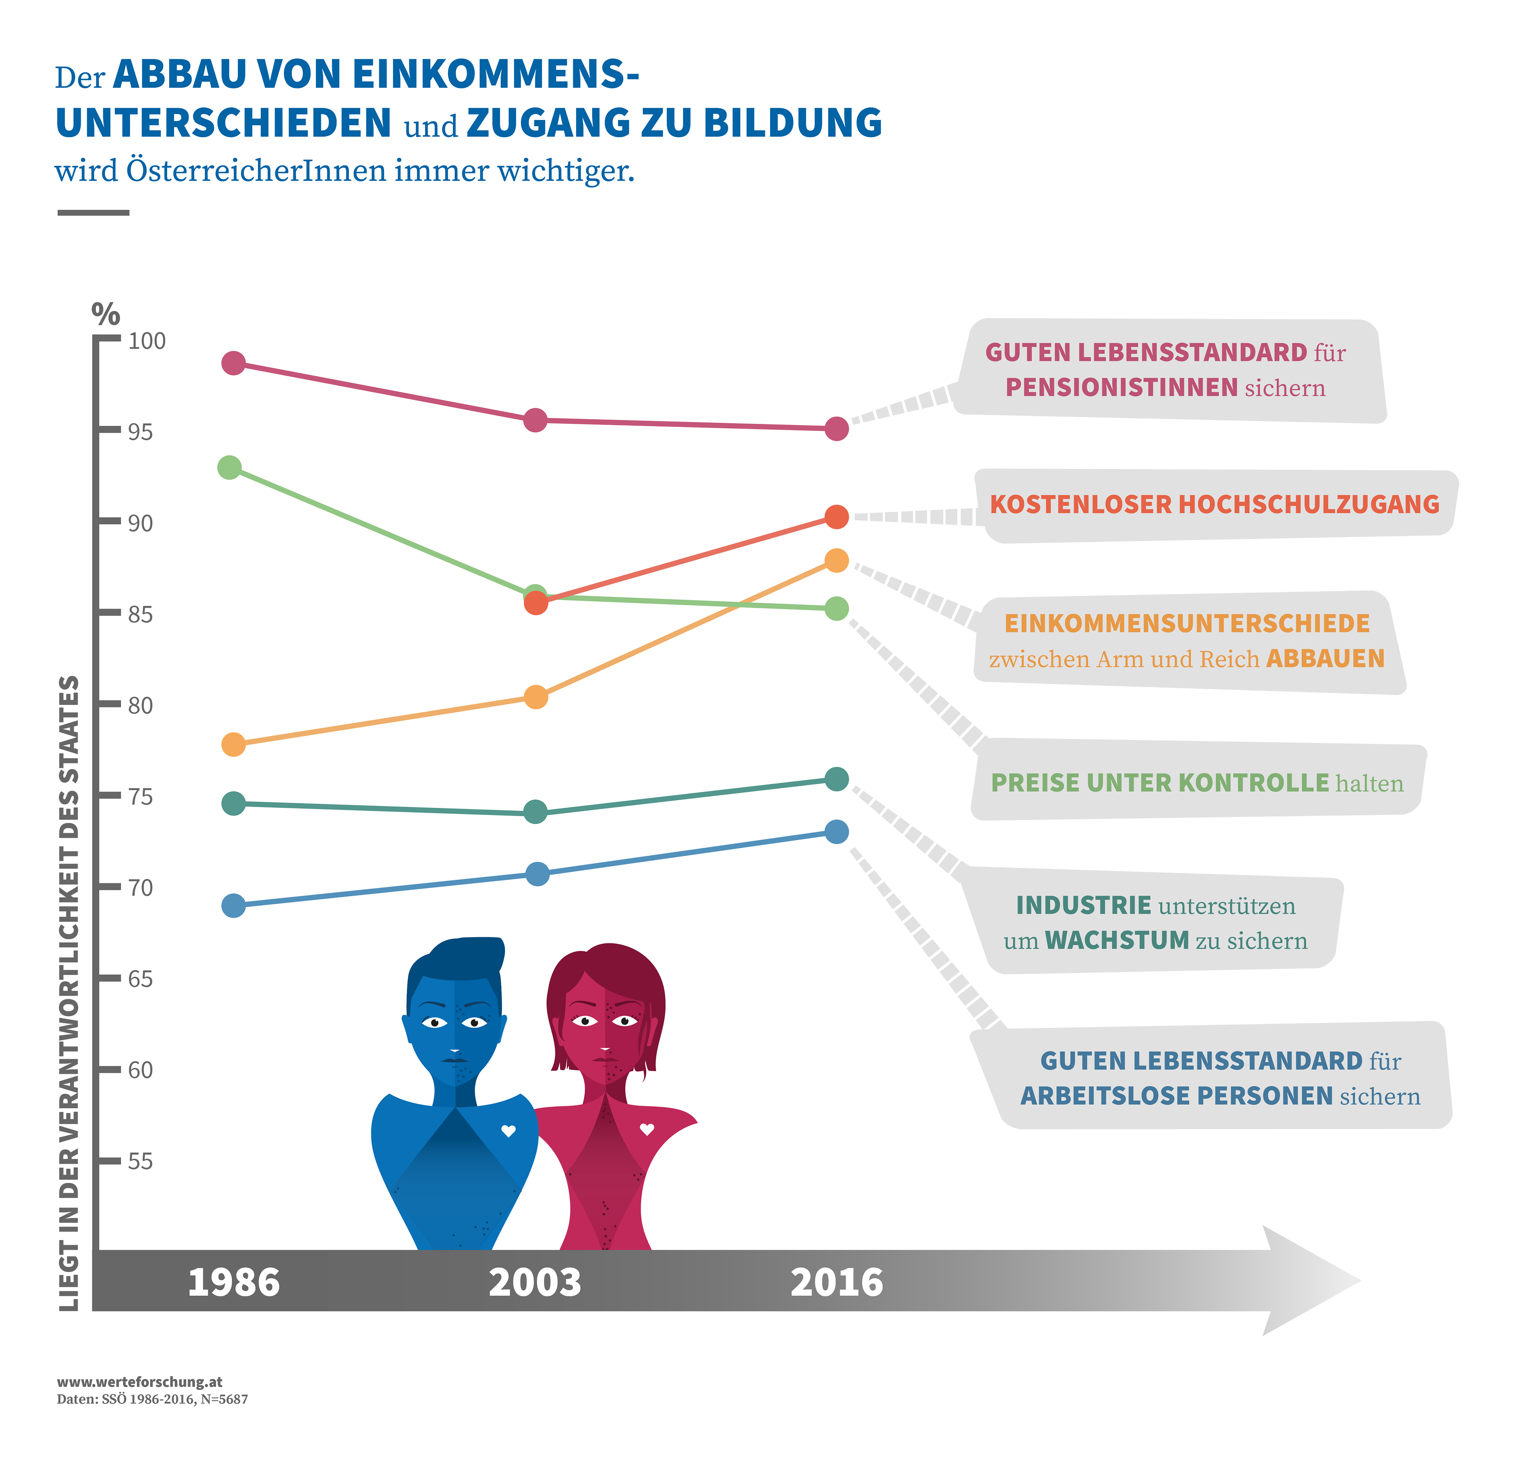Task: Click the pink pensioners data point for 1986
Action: pyautogui.click(x=233, y=363)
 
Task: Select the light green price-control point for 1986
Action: pyautogui.click(x=229, y=467)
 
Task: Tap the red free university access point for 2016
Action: pyautogui.click(x=837, y=517)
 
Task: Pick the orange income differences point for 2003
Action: pyautogui.click(x=535, y=697)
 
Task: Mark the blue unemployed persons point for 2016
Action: pyautogui.click(x=837, y=832)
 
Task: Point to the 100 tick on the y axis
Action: pyautogui.click(x=147, y=341)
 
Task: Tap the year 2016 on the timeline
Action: pyautogui.click(x=837, y=1283)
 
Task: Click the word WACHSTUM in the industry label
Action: pyautogui.click(x=1117, y=940)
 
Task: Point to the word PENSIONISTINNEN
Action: pyautogui.click(x=1122, y=387)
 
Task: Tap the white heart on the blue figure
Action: pyautogui.click(x=508, y=1131)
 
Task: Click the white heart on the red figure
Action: pyautogui.click(x=647, y=1129)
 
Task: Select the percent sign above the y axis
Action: pyautogui.click(x=106, y=313)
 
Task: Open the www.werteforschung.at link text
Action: pyautogui.click(x=140, y=1382)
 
